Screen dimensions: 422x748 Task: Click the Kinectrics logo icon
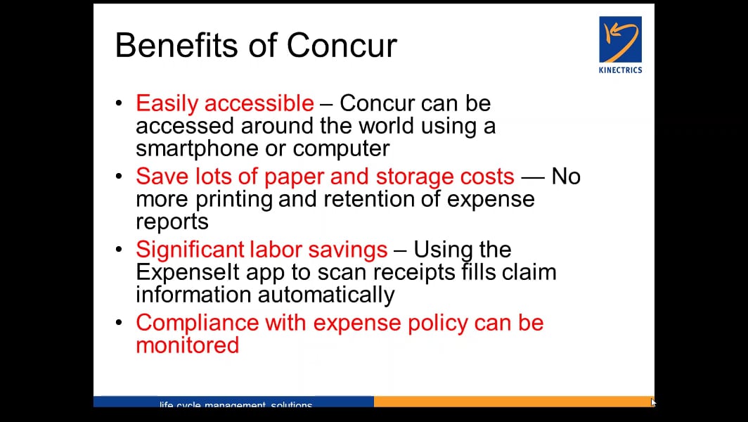click(619, 39)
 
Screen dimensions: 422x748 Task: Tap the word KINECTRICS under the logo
click(619, 70)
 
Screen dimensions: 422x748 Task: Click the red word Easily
click(163, 104)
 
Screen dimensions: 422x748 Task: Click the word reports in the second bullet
click(172, 221)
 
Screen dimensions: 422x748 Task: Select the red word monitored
click(187, 345)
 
